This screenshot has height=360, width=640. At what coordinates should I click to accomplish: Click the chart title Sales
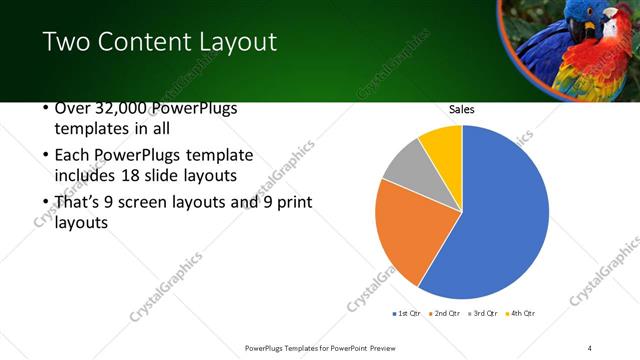[461, 109]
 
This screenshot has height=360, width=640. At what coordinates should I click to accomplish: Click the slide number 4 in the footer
[590, 347]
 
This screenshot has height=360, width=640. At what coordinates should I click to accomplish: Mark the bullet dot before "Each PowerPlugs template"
[46, 156]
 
